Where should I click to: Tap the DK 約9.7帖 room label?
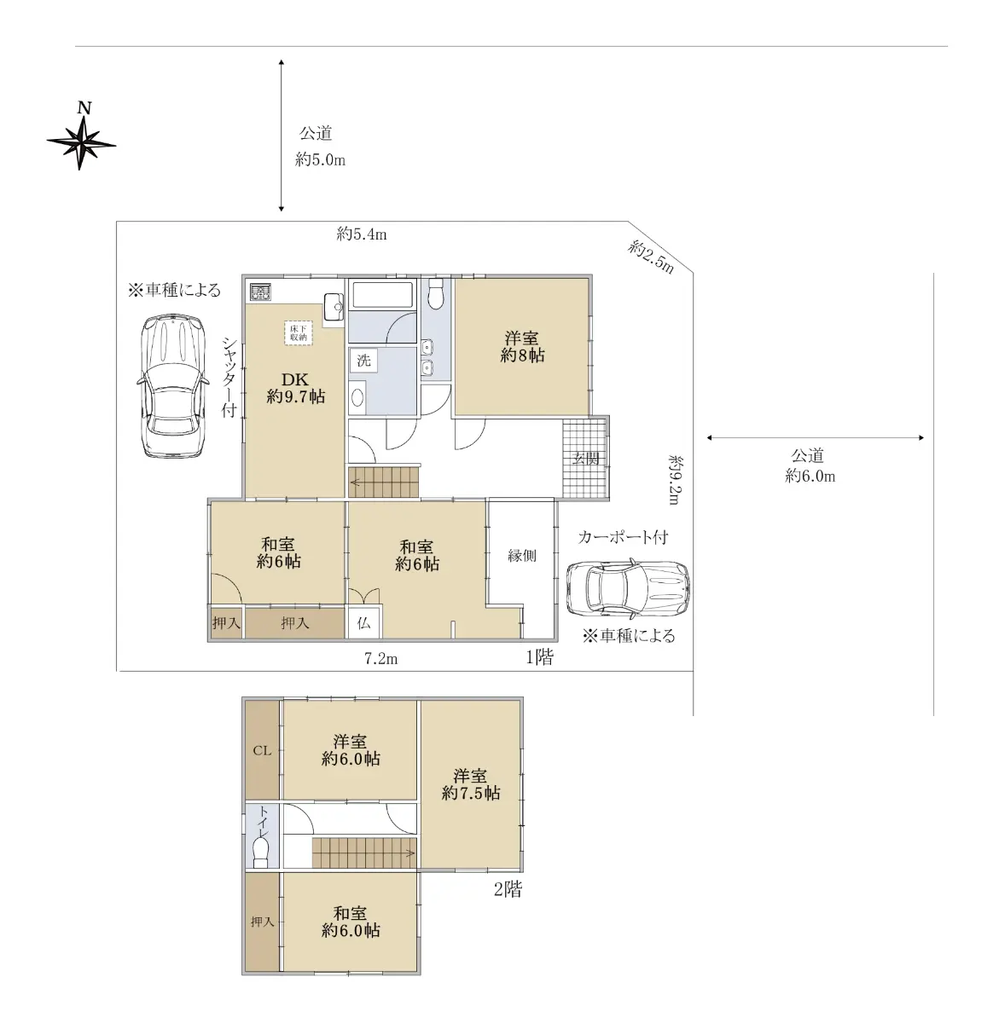click(x=295, y=388)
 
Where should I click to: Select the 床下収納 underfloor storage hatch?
click(x=299, y=332)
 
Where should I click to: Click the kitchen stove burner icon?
click(x=260, y=292)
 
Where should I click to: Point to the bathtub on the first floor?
click(x=382, y=295)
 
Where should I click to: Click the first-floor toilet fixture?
click(x=435, y=294)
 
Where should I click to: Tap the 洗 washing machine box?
click(x=363, y=361)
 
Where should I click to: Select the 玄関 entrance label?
click(x=585, y=459)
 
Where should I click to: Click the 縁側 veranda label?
click(x=522, y=555)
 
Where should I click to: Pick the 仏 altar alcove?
click(x=364, y=622)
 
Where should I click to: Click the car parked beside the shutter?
click(x=171, y=386)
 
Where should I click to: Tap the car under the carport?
click(x=628, y=587)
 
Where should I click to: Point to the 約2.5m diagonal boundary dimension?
click(x=651, y=257)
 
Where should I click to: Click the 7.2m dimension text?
click(x=380, y=658)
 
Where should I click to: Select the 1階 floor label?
click(x=540, y=656)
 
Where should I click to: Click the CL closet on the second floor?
click(x=262, y=750)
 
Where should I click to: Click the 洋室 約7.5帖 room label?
click(x=471, y=783)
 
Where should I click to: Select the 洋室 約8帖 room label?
click(x=522, y=346)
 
